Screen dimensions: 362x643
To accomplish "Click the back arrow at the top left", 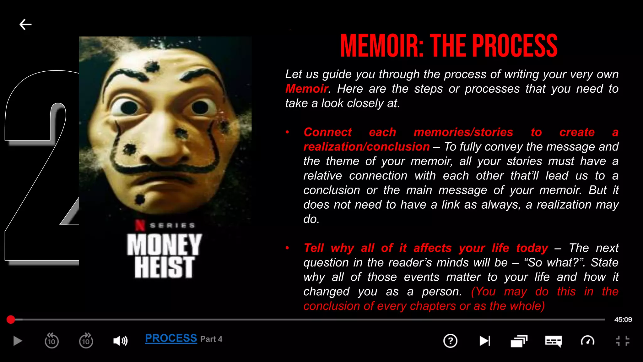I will (25, 25).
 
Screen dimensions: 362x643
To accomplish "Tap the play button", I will (18, 341).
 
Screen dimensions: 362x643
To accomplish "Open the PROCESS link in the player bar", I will (171, 338).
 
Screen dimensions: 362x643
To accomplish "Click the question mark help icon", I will (450, 341).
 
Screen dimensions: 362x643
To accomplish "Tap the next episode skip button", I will (484, 341).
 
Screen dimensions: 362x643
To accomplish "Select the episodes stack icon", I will (519, 341).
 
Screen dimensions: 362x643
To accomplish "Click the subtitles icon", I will (553, 341).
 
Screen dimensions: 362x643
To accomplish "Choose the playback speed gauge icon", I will (587, 341).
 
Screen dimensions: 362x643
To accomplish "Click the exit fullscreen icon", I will (622, 341).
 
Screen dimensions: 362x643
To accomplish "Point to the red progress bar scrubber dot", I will (11, 320).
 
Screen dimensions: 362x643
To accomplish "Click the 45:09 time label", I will (623, 320).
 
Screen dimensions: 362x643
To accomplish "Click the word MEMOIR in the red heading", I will (381, 46).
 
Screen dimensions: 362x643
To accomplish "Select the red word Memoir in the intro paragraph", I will (306, 89).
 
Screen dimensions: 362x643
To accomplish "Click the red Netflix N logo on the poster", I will (140, 225).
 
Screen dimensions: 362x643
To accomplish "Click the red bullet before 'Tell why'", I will (287, 248).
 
